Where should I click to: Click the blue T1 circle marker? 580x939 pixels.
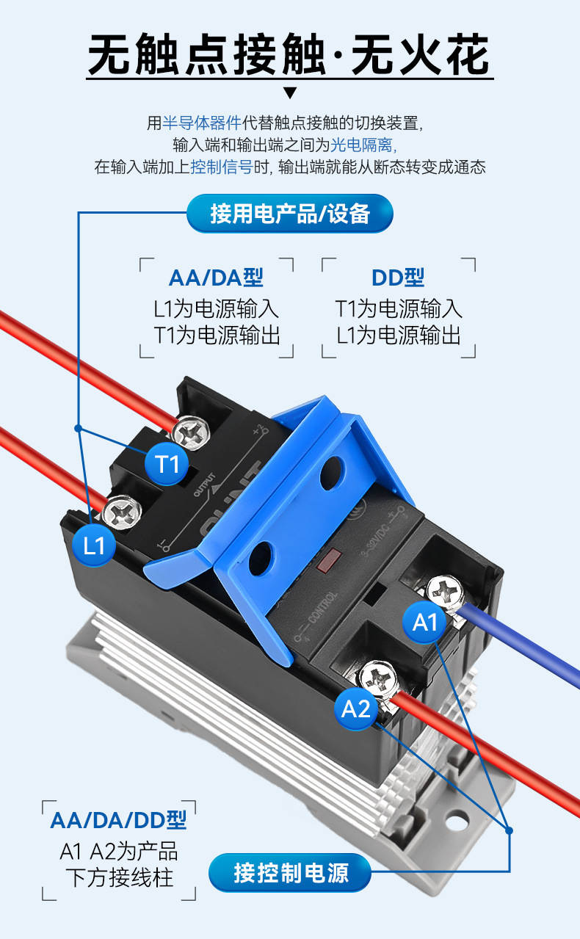(x=168, y=463)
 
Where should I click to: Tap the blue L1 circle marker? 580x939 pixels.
(x=95, y=545)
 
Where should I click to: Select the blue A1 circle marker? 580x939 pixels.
(x=425, y=623)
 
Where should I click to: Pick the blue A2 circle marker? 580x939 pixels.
(x=357, y=708)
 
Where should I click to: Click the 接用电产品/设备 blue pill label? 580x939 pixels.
(x=290, y=214)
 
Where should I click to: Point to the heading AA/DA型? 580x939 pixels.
(x=216, y=278)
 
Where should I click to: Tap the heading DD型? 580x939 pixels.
(x=398, y=278)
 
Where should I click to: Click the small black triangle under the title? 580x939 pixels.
(x=290, y=93)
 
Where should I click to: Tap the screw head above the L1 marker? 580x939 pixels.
(x=119, y=511)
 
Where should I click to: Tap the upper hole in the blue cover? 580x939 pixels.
(x=332, y=470)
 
